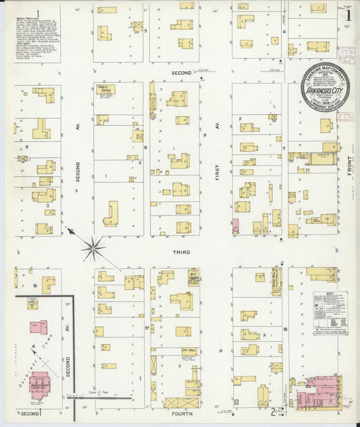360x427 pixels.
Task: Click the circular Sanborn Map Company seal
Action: [x=326, y=87]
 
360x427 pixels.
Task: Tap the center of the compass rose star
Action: [x=93, y=247]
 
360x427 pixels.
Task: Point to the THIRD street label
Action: [x=180, y=252]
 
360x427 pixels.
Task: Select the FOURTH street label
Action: [x=182, y=412]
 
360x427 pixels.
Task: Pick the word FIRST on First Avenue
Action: [x=217, y=166]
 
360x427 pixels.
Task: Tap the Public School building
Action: [x=105, y=89]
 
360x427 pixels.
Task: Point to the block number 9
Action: [x=27, y=147]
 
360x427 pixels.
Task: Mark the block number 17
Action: [x=146, y=328]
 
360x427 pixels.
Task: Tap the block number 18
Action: [x=286, y=329]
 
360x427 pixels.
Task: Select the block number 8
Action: [x=145, y=147]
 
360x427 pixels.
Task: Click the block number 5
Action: [x=145, y=30]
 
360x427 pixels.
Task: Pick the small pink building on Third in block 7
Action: [x=235, y=226]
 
